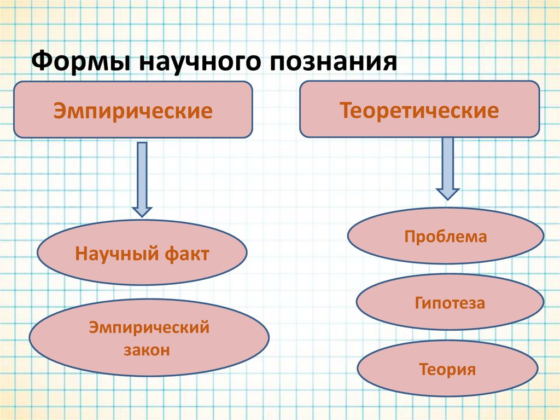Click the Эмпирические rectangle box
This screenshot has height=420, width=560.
pyautogui.click(x=133, y=109)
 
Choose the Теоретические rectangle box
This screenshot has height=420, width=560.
pyautogui.click(x=419, y=109)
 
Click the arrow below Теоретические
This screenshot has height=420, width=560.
pyautogui.click(x=447, y=167)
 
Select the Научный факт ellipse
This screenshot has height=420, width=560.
pyautogui.click(x=142, y=252)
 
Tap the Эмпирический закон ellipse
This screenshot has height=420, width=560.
pyautogui.click(x=149, y=337)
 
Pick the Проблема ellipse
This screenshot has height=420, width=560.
pyautogui.click(x=446, y=236)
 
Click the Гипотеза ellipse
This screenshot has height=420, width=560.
pyautogui.click(x=450, y=302)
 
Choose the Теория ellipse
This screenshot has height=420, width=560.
pyautogui.click(x=447, y=369)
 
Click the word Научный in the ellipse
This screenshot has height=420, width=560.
pyautogui.click(x=116, y=255)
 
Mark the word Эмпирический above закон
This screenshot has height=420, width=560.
pyautogui.click(x=149, y=328)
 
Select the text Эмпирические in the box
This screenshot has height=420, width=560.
pyautogui.click(x=133, y=112)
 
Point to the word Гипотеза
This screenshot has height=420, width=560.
pyautogui.click(x=450, y=303)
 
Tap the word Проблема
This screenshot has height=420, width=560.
pyautogui.click(x=446, y=237)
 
